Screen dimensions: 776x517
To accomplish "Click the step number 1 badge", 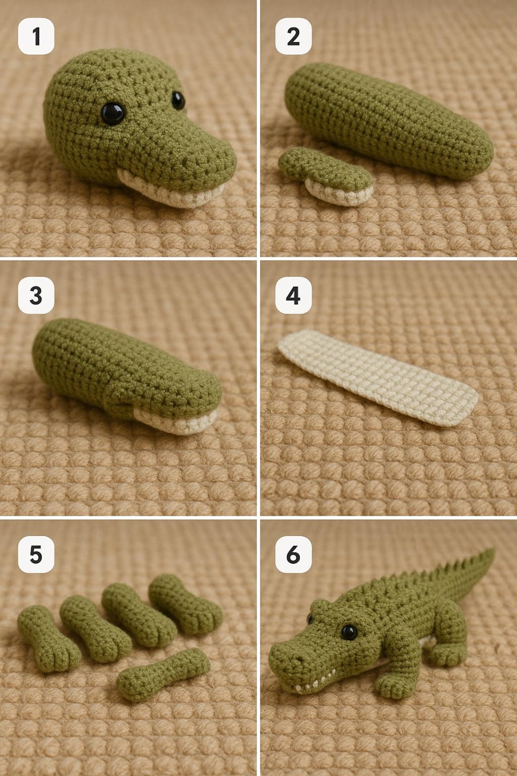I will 36,36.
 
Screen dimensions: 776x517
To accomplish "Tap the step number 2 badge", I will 293,36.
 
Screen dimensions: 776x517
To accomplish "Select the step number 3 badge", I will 36,295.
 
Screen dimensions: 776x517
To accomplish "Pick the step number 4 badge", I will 293,295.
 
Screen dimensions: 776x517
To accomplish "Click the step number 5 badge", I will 36,555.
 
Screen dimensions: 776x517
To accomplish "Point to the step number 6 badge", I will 293,555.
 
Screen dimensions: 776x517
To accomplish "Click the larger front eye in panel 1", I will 112,113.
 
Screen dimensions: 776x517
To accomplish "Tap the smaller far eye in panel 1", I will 178,100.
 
